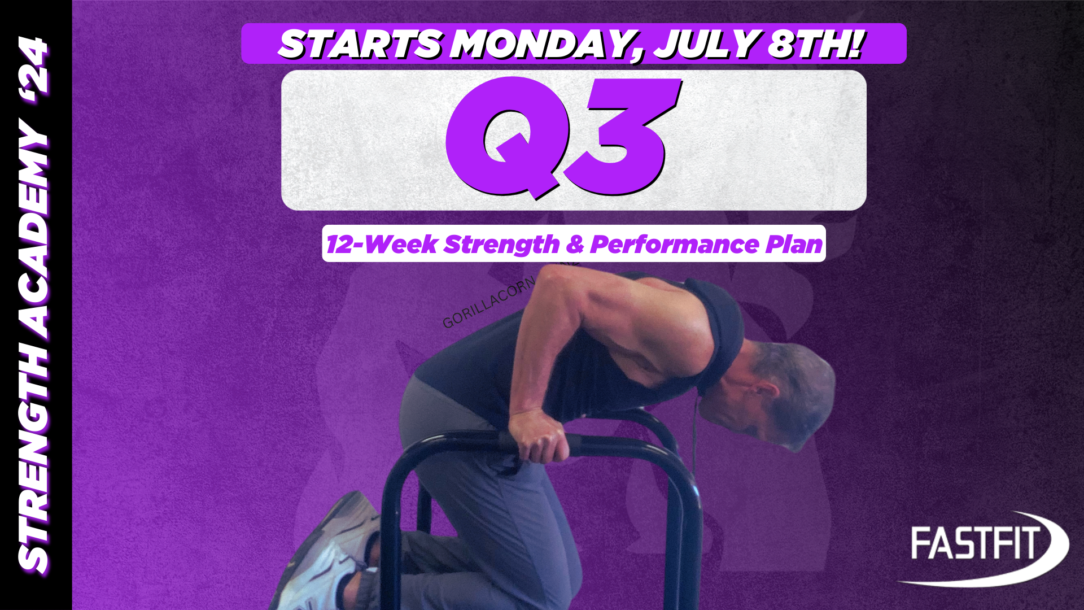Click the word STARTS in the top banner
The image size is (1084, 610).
coord(360,44)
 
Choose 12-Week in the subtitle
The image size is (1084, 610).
coord(382,244)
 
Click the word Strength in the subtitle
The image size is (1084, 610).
coord(501,244)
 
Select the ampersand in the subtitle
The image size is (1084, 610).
coord(574,244)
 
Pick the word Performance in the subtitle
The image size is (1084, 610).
coord(675,244)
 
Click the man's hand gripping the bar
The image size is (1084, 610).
coord(539,435)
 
